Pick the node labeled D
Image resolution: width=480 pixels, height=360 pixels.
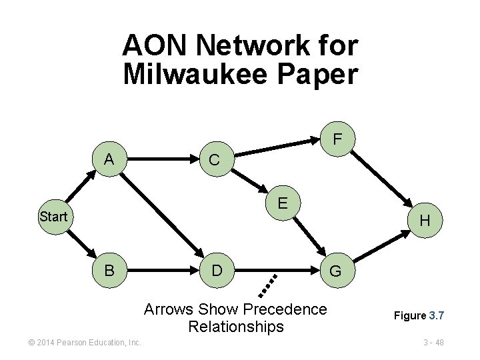coord(216,271)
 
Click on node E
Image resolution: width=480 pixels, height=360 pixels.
coord(283,201)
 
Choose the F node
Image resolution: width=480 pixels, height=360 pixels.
coord(338,139)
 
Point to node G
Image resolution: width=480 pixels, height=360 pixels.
coord(335,271)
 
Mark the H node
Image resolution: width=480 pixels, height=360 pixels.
coord(425,221)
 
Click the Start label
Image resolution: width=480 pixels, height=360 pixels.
coord(53,217)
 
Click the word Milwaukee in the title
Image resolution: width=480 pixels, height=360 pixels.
coord(196,73)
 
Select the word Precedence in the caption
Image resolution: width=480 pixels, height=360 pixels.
coord(285,309)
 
